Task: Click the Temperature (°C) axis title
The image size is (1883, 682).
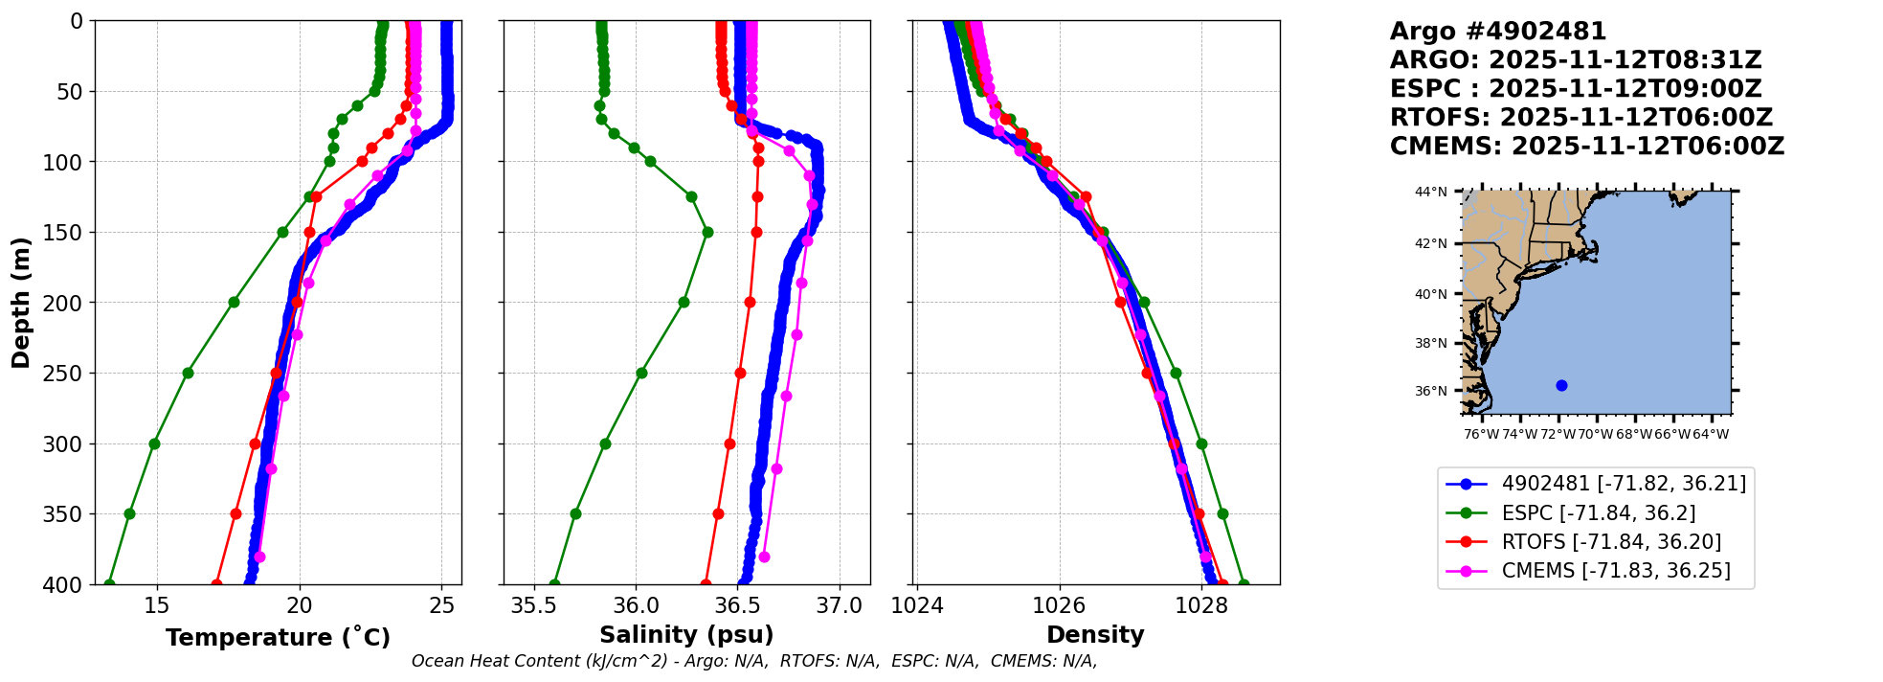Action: coord(278,638)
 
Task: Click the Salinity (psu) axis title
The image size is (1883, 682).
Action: coord(686,635)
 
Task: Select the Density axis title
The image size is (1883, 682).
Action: coord(1095,635)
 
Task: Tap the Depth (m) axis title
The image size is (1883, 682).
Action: coord(21,303)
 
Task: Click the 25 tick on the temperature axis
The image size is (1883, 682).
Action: coord(441,605)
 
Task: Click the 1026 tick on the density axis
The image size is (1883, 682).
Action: coord(1059,605)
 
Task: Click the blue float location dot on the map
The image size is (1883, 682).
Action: coord(1561,385)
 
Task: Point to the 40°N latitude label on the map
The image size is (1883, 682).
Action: coord(1431,294)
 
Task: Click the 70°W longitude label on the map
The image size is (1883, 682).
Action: coord(1596,434)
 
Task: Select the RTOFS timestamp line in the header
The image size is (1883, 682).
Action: coord(1580,118)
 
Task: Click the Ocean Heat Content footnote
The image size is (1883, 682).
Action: coord(753,661)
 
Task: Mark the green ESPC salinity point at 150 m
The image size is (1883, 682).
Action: coord(707,232)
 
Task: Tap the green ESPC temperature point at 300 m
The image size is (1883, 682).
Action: coord(154,443)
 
